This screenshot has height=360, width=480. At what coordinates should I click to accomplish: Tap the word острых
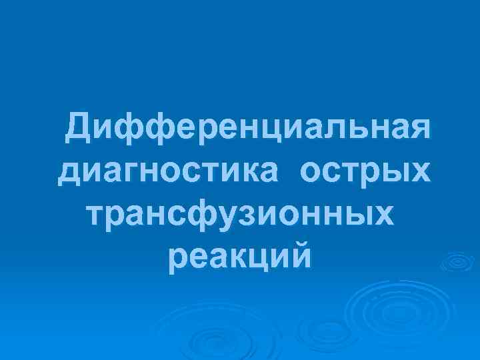pos(365,172)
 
